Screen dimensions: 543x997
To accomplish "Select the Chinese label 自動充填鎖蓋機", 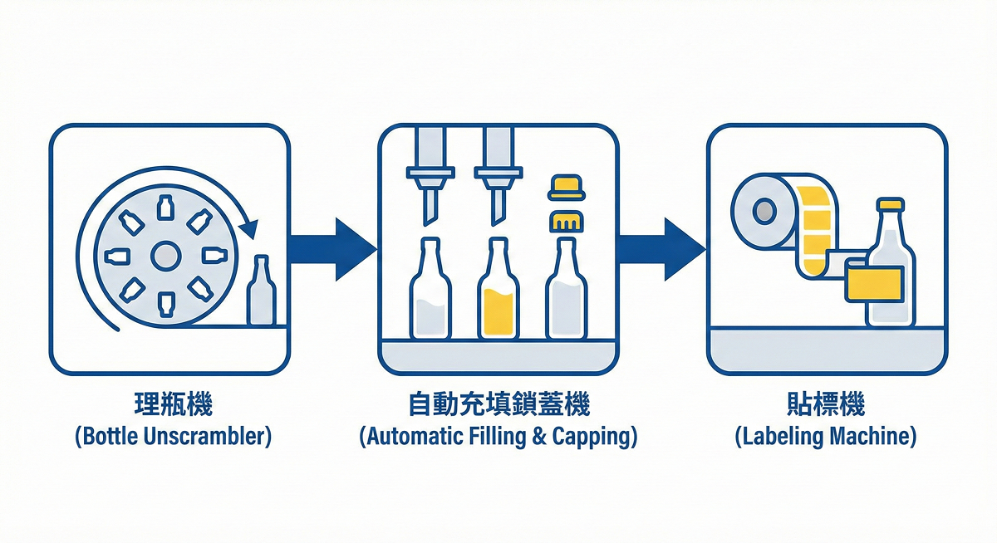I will point(498,405).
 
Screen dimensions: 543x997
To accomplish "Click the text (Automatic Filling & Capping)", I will point(498,437).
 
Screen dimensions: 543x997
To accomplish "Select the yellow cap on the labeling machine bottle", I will point(890,203).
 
